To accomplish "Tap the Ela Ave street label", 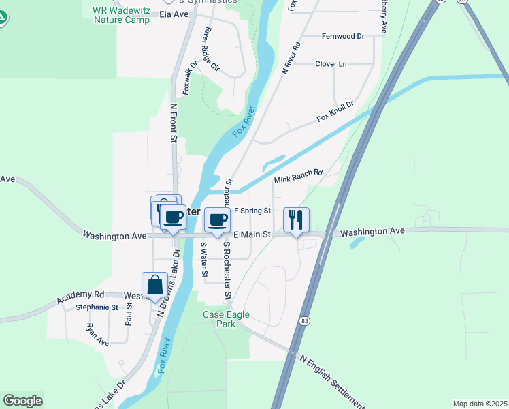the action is pos(174,14).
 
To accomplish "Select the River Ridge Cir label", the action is pos(210,50).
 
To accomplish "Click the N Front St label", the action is pos(174,123).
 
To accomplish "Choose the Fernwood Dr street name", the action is pos(343,35).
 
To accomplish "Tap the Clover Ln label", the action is pos(331,64).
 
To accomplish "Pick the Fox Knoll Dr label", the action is pos(335,112).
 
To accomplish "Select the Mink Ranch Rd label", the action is pos(297,177).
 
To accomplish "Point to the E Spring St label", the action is pos(252,211).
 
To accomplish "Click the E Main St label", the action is pos(252,234).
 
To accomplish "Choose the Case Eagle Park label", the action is pos(227,319).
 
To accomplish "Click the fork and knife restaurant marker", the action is pos(296,220).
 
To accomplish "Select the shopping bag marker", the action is pos(154,285).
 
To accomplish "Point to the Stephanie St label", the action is pos(97,307).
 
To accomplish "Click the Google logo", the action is pos(22,401).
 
